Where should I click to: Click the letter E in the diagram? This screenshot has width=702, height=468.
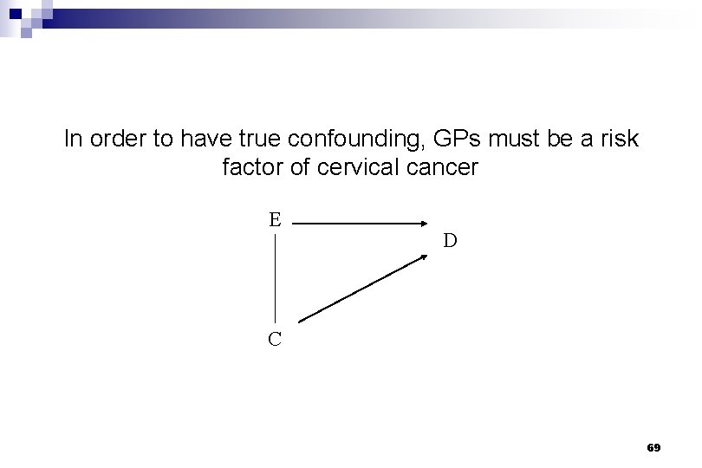pyautogui.click(x=275, y=218)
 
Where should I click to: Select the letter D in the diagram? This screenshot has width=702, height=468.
pyautogui.click(x=451, y=240)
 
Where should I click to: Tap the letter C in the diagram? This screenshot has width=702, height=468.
pyautogui.click(x=275, y=339)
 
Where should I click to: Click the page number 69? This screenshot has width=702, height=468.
pyautogui.click(x=653, y=447)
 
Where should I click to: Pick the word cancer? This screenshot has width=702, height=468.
pyautogui.click(x=444, y=167)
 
